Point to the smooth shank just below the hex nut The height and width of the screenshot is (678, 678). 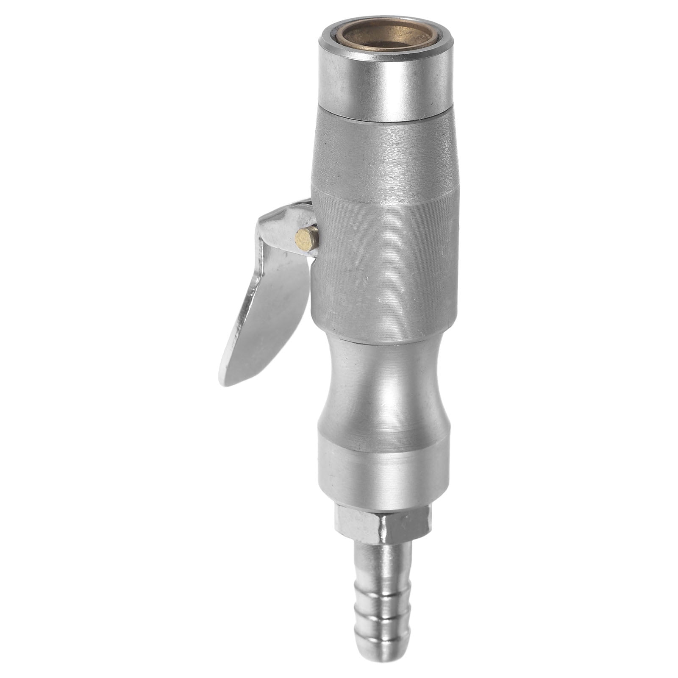click(383, 555)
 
